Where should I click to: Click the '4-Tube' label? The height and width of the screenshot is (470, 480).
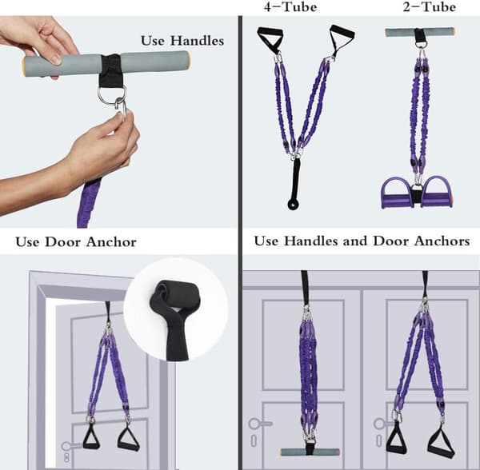(x=290, y=6)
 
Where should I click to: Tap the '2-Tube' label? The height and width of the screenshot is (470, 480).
(x=429, y=6)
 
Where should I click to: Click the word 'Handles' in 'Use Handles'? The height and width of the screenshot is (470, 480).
(x=197, y=41)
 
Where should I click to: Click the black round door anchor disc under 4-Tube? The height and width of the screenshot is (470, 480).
(x=294, y=204)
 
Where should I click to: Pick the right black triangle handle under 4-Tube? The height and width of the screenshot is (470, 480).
(x=342, y=39)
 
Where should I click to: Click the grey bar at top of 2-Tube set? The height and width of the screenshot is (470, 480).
(x=420, y=32)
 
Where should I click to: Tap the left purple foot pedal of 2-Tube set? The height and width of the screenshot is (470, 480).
(x=397, y=193)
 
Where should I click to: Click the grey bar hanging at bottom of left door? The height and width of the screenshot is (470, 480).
(x=310, y=452)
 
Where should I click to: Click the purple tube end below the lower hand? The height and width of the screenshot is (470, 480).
(x=89, y=203)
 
